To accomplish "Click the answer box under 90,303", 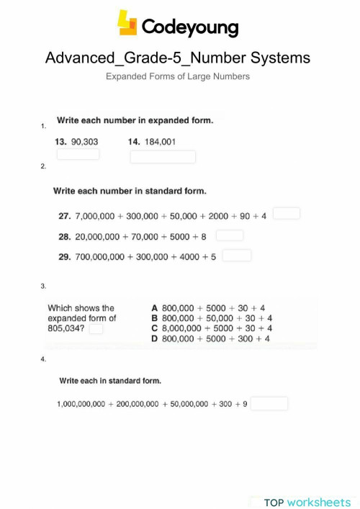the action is [x=78, y=154].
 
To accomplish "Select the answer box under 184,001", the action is [x=162, y=156].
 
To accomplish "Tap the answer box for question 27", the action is [x=287, y=213].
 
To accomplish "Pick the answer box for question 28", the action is [x=230, y=235].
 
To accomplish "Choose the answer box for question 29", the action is [x=237, y=255].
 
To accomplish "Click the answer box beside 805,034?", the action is [x=96, y=329].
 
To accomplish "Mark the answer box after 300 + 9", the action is [x=269, y=403].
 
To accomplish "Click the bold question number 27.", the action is [x=63, y=216].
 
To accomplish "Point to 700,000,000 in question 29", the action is [x=99, y=256].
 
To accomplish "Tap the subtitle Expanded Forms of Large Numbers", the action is [x=178, y=76].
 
